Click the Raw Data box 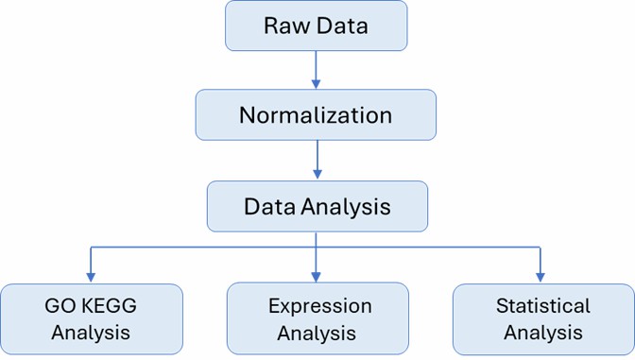tap(316, 26)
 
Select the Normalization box tap(316, 115)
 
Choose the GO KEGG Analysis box tap(91, 318)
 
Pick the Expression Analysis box tap(317, 318)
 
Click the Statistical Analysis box tap(543, 318)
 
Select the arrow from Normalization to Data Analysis tap(317, 160)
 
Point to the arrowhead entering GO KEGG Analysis tap(91, 277)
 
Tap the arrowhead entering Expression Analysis tap(317, 277)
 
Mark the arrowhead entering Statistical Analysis tap(541, 277)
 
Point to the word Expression tap(319, 306)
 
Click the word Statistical tap(543, 306)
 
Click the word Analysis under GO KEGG tap(91, 333)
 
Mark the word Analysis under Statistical tap(543, 333)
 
